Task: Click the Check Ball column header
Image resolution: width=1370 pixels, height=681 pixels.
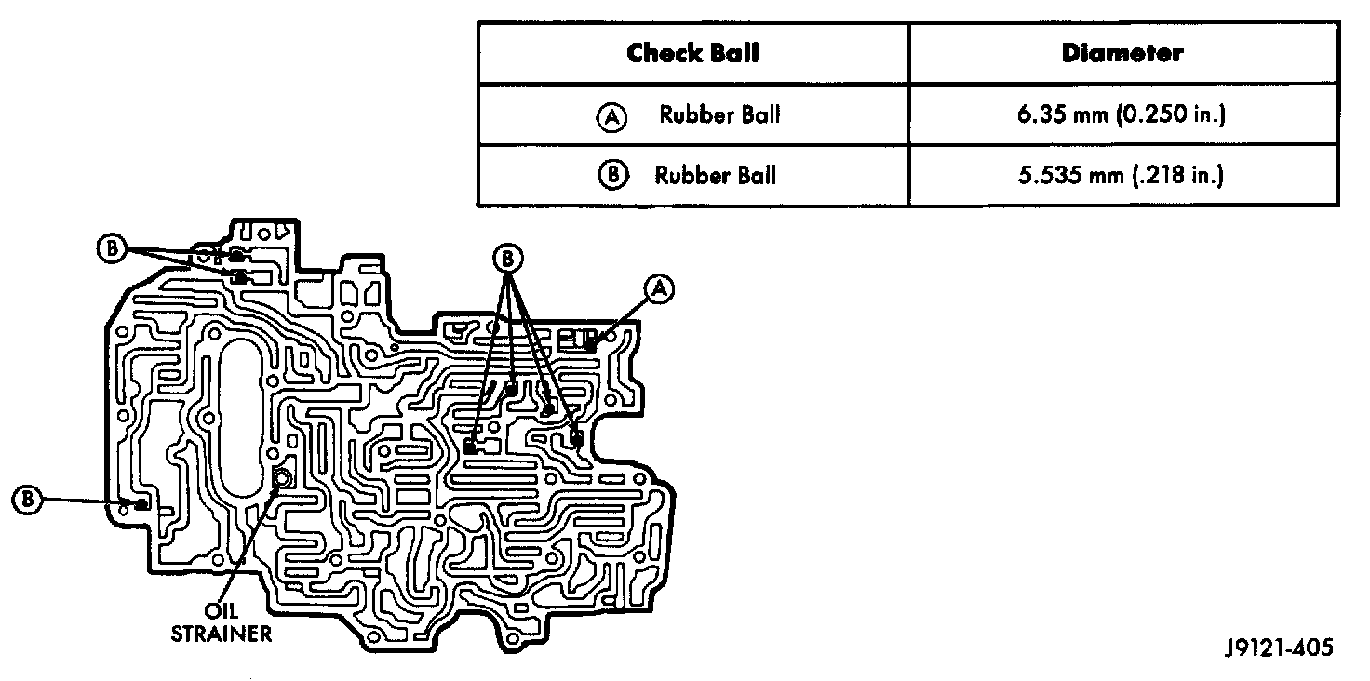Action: [x=692, y=53]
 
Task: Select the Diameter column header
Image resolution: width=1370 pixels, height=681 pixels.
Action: [x=1122, y=53]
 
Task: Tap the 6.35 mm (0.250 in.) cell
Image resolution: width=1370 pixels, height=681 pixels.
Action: [x=1122, y=114]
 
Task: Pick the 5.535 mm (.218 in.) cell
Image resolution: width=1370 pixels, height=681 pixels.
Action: [x=1122, y=175]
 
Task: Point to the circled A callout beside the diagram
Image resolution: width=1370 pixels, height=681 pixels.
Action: [x=659, y=288]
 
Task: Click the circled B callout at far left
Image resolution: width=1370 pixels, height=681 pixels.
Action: [x=27, y=500]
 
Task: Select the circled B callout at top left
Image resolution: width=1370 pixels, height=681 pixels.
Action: [x=111, y=247]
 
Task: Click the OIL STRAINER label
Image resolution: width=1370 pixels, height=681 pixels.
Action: [x=222, y=624]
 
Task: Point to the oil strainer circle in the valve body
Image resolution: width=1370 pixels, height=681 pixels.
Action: [x=282, y=479]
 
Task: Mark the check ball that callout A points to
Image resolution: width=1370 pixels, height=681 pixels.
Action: [x=591, y=347]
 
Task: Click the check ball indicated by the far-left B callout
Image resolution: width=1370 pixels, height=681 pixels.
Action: [x=141, y=504]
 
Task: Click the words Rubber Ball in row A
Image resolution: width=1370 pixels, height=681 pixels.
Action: [x=719, y=115]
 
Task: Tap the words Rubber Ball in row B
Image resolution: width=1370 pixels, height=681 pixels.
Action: [x=715, y=175]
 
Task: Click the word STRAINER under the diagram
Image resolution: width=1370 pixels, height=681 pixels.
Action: [x=222, y=634]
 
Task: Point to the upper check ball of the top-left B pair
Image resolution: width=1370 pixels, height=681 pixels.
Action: [x=236, y=254]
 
